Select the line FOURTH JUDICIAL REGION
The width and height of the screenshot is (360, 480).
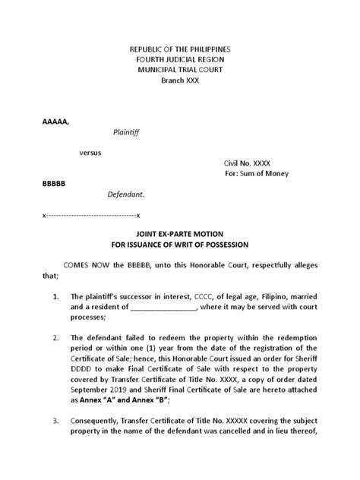pos(179,59)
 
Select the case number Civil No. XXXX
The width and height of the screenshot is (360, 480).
pos(246,163)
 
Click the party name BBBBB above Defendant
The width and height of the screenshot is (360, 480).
pos(54,185)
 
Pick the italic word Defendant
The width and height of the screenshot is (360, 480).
pos(125,194)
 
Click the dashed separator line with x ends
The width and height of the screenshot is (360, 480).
pos(90,216)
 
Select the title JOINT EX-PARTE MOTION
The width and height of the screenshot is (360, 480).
pos(179,236)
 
